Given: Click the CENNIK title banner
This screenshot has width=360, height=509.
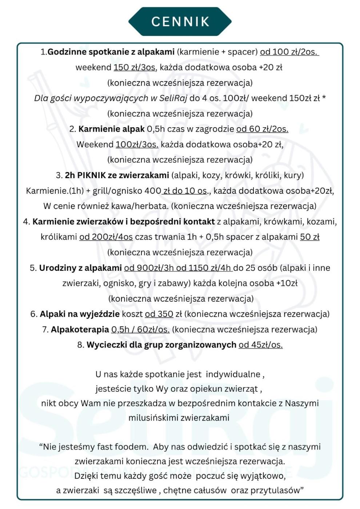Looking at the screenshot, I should click(180, 21).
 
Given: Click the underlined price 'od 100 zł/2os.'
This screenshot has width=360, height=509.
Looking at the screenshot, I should click(289, 52).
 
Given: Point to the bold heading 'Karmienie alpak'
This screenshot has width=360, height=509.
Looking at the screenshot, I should click(111, 129).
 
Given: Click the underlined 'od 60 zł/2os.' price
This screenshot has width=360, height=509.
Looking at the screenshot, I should click(262, 129).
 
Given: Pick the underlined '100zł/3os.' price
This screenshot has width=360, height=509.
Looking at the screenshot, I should click(137, 144).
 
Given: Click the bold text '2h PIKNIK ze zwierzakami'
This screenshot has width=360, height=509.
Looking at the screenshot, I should click(117, 175).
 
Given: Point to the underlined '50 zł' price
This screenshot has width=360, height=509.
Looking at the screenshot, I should click(309, 237).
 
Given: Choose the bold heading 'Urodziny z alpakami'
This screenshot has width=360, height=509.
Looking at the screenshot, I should click(80, 268).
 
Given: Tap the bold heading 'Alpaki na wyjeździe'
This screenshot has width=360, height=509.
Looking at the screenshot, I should click(80, 314).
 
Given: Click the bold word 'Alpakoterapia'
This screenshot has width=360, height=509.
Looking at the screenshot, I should click(80, 330).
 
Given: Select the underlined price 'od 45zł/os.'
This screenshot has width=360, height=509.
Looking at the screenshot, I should click(260, 345).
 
